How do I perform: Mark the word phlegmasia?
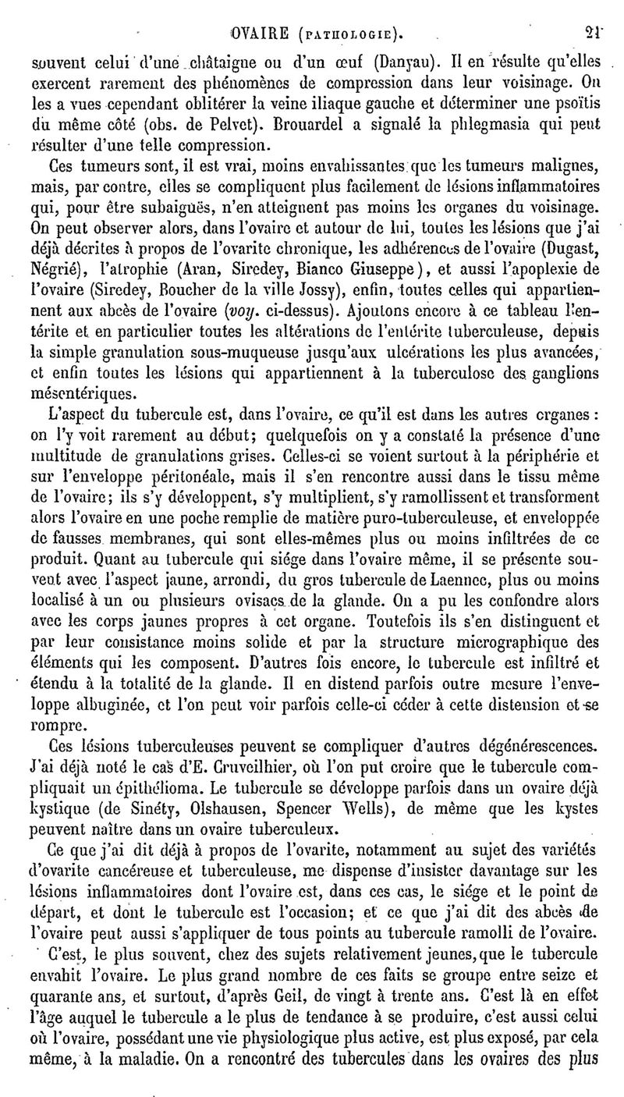point(476,123)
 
